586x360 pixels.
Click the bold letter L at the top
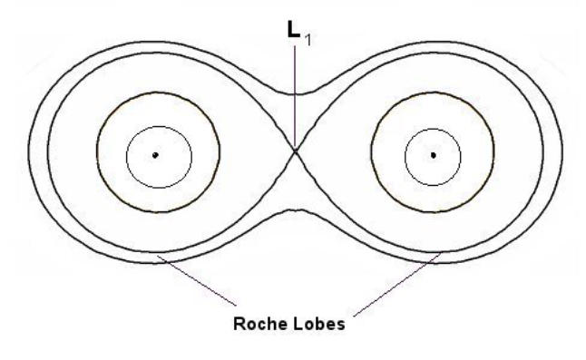(294, 29)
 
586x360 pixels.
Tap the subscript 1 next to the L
(308, 40)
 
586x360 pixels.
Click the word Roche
(259, 324)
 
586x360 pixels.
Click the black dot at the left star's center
(155, 155)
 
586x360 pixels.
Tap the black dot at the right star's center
(433, 155)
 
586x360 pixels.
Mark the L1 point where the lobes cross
(295, 151)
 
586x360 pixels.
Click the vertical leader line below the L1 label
(295, 98)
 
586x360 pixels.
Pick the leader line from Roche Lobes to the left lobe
(197, 280)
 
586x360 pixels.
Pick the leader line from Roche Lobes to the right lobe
(397, 284)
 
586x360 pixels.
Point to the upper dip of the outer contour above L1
(295, 94)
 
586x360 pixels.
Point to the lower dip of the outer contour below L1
(295, 210)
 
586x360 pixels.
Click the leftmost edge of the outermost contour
(29, 153)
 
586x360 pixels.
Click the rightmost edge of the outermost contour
(562, 153)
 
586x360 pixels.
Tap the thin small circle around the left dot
(126, 157)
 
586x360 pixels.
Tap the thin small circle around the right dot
(405, 157)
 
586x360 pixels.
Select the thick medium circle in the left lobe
(97, 152)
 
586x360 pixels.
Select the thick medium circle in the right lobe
(371, 152)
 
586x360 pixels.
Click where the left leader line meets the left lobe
(158, 256)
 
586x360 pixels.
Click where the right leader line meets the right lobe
(441, 253)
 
